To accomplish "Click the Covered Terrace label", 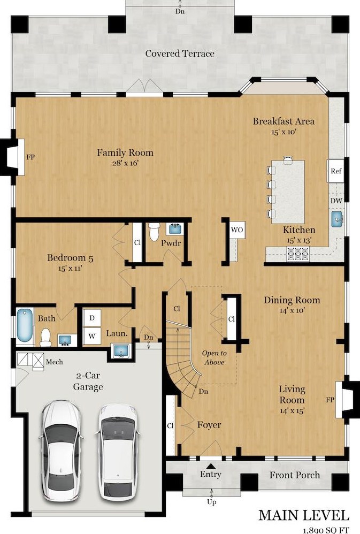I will coord(180,54).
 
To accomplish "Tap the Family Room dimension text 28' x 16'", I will coord(125,163).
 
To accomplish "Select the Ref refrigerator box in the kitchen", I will coord(335,171).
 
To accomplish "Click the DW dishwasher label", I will coord(336,200).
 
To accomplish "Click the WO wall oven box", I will coord(237,230).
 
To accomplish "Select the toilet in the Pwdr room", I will coord(155,231).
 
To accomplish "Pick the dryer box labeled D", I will coord(92,318).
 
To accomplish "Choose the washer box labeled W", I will coord(92,337).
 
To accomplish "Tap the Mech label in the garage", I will coord(54,362).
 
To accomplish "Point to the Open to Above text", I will coord(214,357).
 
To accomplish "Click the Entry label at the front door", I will coord(211,474).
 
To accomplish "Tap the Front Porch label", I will coord(294,475).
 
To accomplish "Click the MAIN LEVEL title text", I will coord(304,515).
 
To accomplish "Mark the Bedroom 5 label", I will coord(70,258).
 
